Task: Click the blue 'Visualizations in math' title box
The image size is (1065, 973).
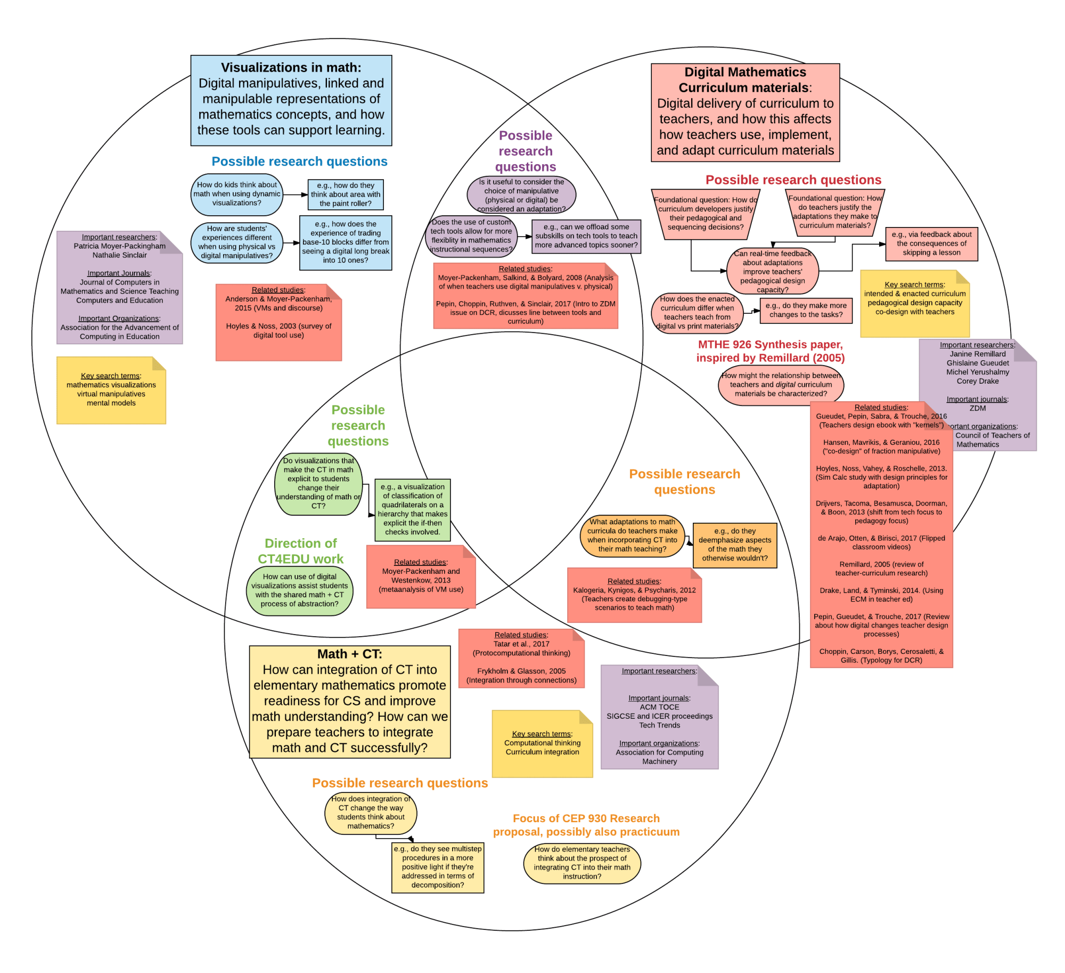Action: point(291,100)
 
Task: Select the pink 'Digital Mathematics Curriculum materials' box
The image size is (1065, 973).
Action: point(745,112)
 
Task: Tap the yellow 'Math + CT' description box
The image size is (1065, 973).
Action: point(349,701)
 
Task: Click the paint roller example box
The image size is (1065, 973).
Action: point(346,194)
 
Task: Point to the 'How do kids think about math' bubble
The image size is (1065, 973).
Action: point(236,194)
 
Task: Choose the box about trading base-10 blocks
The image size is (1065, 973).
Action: point(346,242)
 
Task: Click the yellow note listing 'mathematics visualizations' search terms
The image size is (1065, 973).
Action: point(111,390)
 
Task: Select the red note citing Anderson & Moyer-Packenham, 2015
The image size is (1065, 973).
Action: point(278,322)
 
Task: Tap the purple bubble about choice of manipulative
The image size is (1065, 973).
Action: point(521,195)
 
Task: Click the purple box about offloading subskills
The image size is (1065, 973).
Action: point(586,236)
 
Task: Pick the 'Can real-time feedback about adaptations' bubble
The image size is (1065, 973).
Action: point(772,271)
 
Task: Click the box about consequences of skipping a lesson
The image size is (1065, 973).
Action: point(931,244)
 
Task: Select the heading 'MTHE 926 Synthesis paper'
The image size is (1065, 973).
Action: point(770,351)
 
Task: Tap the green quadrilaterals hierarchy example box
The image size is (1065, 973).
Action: point(413,509)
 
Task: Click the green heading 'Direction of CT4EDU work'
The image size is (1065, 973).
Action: point(300,551)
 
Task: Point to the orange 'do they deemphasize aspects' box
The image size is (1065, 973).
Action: point(735,545)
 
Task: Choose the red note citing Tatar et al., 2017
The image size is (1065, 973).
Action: point(521,658)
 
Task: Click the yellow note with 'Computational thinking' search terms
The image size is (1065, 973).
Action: point(542,743)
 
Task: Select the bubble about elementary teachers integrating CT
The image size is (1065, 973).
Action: point(582,863)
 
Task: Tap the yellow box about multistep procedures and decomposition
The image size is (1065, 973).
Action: point(438,867)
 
